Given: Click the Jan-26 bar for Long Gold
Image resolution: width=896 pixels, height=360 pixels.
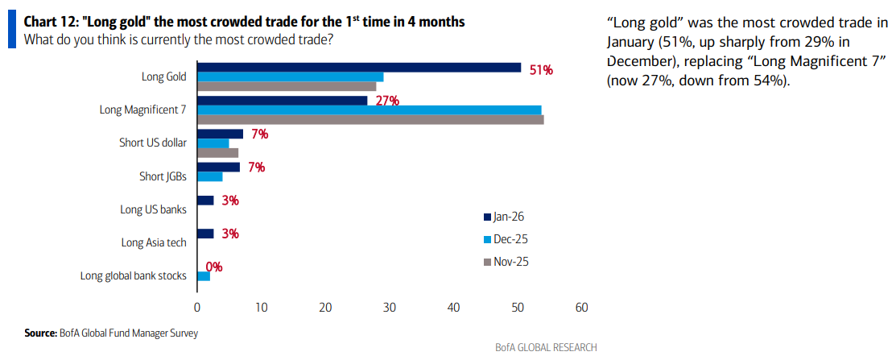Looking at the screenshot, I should [359, 68].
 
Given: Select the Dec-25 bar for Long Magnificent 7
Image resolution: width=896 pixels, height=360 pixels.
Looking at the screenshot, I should [370, 110].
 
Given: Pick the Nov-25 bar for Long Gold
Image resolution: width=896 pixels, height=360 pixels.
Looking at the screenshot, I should [287, 86].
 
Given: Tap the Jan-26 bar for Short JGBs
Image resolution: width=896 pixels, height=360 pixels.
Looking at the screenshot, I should [218, 167].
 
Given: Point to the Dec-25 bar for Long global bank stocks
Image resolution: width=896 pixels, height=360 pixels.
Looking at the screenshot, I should [204, 276].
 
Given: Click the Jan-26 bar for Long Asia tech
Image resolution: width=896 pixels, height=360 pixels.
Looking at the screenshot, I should [205, 234].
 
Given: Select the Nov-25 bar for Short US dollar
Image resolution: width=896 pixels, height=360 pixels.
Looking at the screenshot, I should [217, 152].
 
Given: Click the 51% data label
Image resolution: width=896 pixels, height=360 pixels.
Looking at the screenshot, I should [541, 70].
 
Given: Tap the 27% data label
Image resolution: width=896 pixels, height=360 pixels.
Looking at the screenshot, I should [387, 101].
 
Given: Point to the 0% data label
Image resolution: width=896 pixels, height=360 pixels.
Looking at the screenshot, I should [214, 267].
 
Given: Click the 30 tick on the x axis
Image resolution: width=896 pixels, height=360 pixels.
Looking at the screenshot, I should [390, 307].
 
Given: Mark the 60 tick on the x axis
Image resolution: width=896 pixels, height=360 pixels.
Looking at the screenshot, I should [582, 307].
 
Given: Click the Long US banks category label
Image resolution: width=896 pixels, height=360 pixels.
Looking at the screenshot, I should [153, 209].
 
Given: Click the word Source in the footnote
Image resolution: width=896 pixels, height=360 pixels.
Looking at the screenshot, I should [40, 333].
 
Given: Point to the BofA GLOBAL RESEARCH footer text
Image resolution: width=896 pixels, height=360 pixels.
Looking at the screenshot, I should [546, 348].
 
